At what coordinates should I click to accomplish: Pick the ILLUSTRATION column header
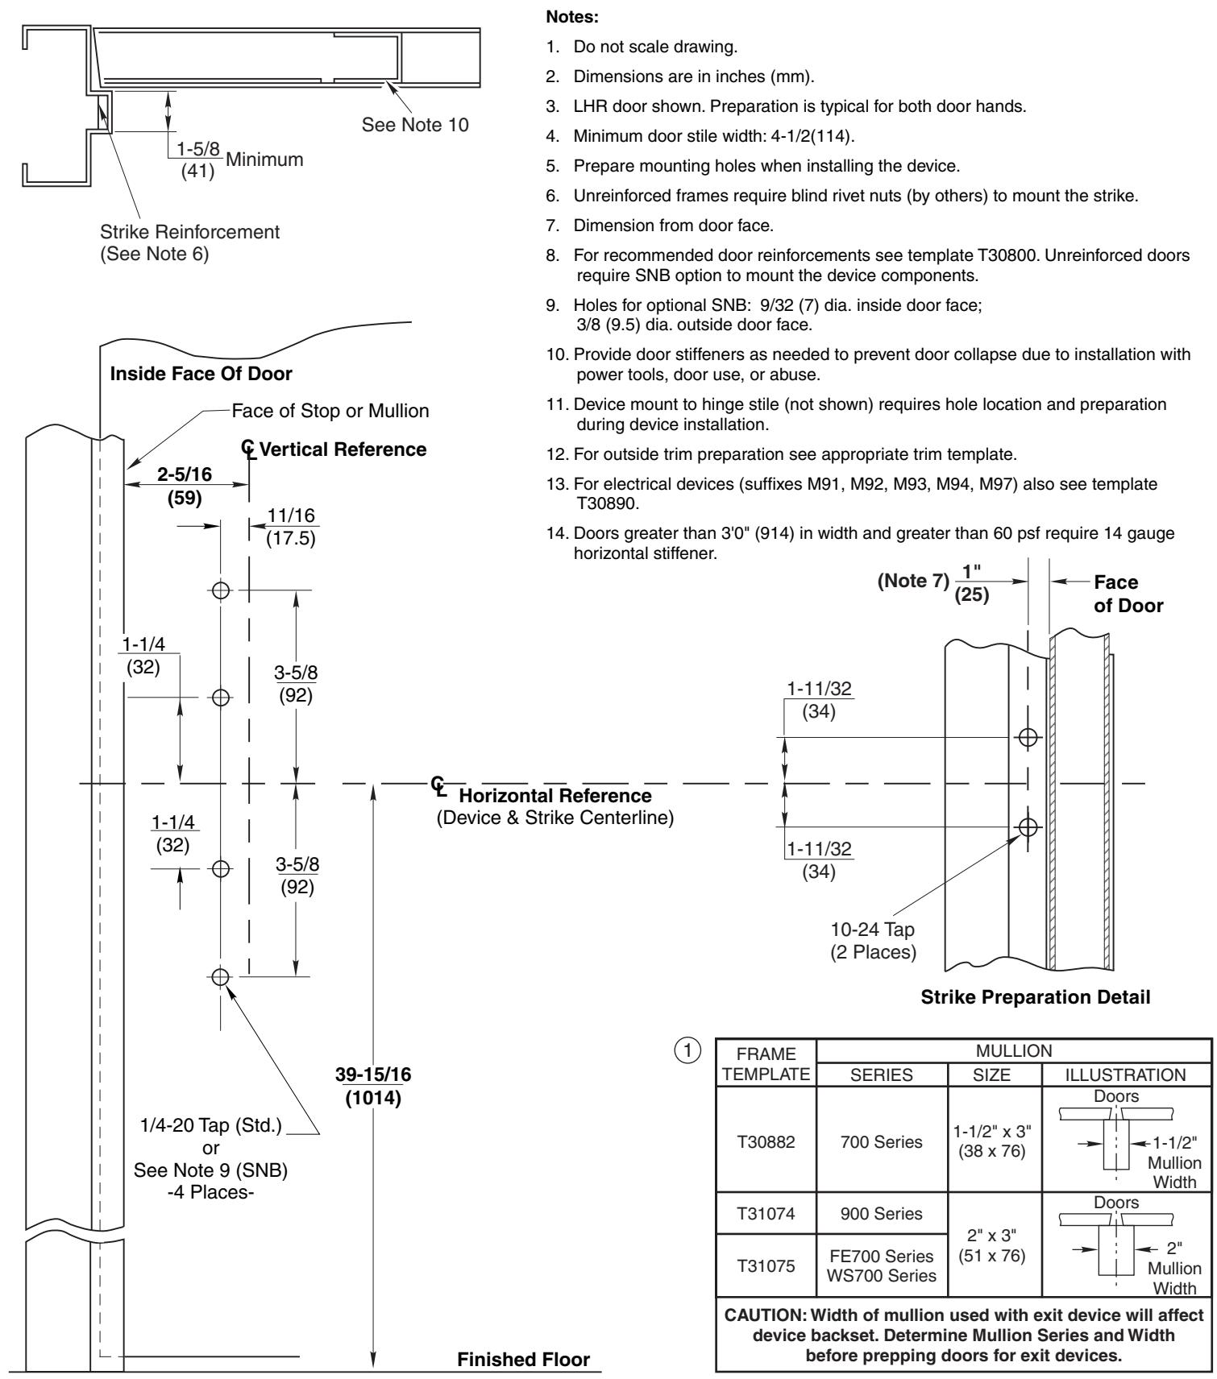(1126, 1075)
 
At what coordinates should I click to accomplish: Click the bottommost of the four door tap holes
(219, 977)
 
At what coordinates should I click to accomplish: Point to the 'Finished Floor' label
(524, 1360)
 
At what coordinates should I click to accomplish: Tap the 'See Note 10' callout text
(415, 125)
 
